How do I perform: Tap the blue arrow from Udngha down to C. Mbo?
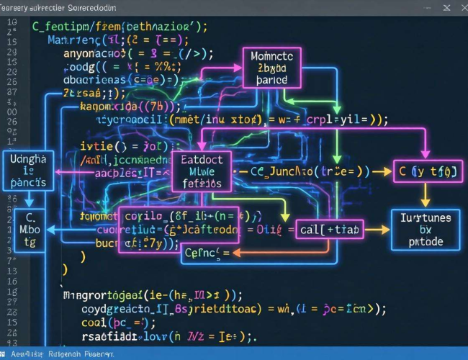click(30, 200)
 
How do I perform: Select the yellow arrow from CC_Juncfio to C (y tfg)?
click(381, 171)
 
